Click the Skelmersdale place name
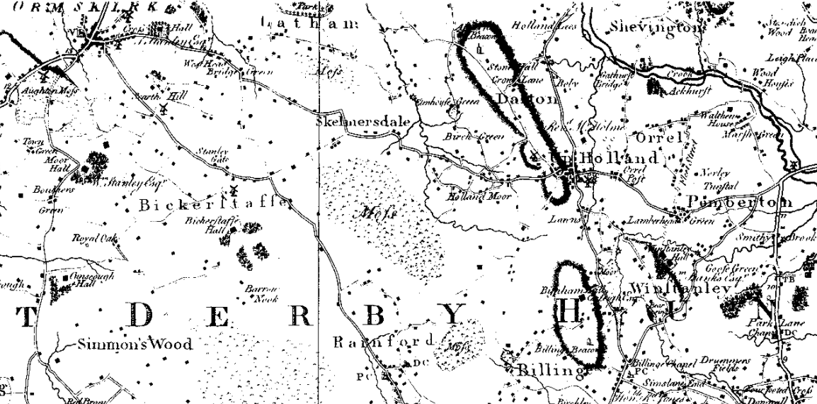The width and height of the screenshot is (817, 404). [363, 122]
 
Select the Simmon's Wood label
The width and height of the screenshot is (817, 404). [135, 345]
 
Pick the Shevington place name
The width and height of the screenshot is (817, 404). [659, 28]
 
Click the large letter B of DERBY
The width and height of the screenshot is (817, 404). [376, 312]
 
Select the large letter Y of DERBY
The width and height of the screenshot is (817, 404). [455, 313]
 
